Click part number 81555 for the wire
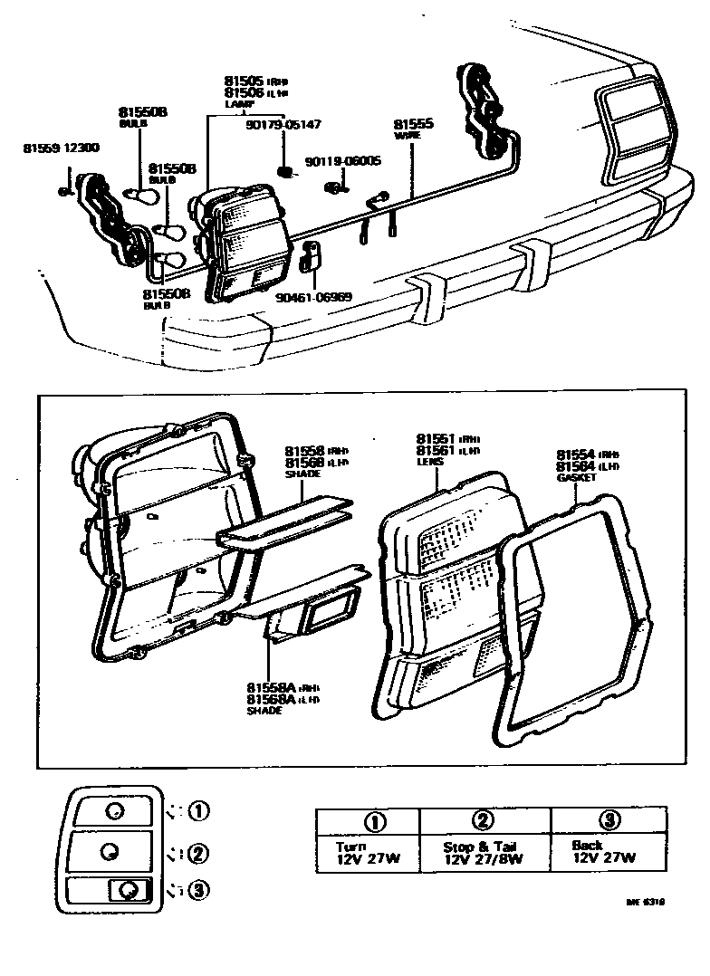point(412,124)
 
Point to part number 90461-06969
point(316,296)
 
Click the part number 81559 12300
point(62,147)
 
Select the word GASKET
point(577,477)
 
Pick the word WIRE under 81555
point(405,136)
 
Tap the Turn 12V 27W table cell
point(366,852)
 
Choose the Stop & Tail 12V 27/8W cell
point(485,852)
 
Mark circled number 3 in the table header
point(609,820)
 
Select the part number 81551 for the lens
point(435,438)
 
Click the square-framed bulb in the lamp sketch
point(123,891)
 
